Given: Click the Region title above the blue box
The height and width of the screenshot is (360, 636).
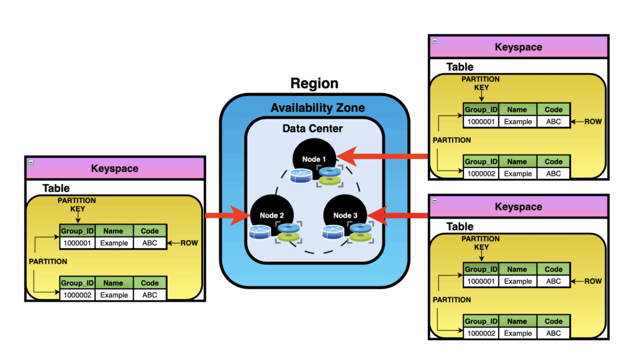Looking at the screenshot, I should pos(315,83).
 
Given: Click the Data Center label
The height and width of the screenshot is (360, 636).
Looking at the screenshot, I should pos(312,129).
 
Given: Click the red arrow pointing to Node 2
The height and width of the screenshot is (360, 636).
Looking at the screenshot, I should pos(227,216).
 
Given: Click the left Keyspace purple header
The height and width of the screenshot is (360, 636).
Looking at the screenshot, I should pos(115,168).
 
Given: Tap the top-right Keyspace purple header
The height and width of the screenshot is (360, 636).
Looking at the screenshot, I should pos(518,47).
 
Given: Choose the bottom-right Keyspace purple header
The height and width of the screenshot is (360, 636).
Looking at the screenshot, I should pos(518,207).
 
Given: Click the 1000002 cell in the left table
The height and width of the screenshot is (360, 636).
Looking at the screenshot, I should pos(77,295).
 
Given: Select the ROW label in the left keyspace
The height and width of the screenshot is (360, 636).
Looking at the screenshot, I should pos(189,243).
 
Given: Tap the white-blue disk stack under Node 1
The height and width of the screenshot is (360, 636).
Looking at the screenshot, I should pos(301,174).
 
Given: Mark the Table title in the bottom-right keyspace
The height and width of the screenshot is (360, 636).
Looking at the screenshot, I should pos(460,227).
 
